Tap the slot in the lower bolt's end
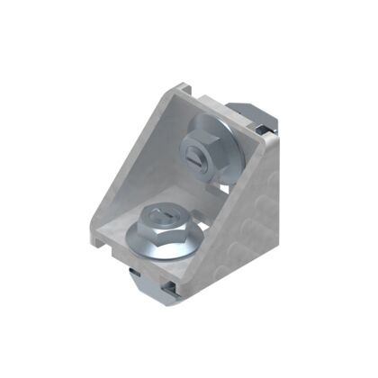[x=159, y=214]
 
